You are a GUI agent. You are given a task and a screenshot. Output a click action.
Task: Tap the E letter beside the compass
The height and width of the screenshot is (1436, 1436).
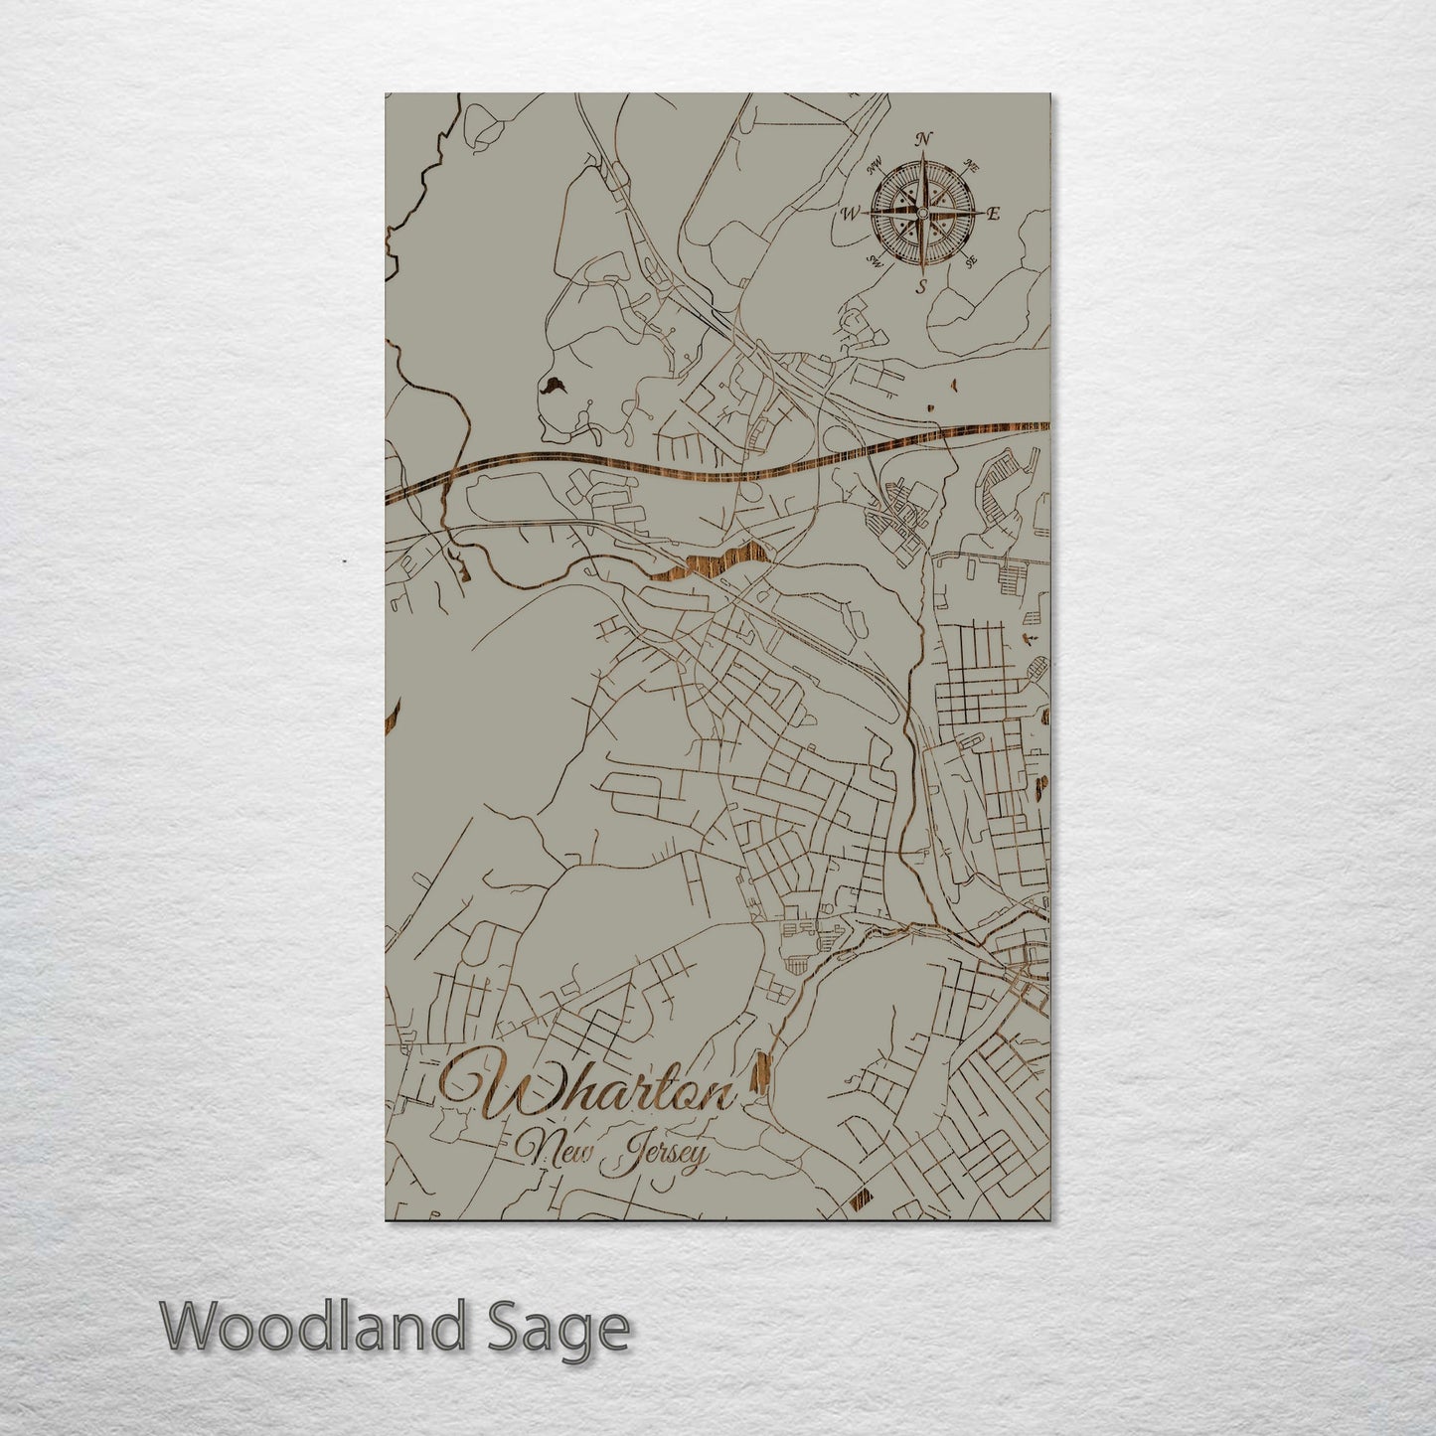pos(994,213)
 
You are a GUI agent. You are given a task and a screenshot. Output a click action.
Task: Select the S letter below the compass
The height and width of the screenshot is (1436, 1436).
pos(921,287)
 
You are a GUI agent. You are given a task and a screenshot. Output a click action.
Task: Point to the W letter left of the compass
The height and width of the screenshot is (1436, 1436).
pos(851,213)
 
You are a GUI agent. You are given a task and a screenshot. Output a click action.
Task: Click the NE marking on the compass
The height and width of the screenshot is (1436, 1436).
pos(971,168)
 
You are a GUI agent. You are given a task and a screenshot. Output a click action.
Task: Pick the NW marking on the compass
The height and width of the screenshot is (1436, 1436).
pos(876,165)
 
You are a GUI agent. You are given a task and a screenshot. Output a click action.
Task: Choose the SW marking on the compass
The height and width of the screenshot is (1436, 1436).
pos(875,261)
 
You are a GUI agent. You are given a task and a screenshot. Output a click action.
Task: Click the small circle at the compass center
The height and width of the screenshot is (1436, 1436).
pos(922,213)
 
